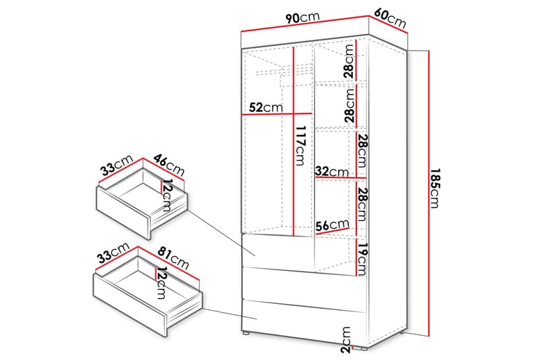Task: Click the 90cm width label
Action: pos(302,18)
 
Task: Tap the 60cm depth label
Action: pos(390,18)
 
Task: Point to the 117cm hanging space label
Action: pos(300,145)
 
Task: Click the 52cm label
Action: pos(265,107)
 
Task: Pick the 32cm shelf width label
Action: pos(332,171)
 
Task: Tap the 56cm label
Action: pos(333,226)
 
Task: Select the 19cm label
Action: pos(362,259)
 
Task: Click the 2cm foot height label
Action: pos(346,340)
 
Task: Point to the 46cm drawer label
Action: pos(169,165)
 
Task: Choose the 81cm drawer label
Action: pos(173,259)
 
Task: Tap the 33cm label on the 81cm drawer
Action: pos(113,253)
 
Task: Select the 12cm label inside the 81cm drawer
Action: pos(161,283)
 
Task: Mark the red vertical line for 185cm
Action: pos(429,193)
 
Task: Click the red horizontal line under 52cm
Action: pos(277,114)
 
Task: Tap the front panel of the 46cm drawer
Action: pos(123,213)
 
